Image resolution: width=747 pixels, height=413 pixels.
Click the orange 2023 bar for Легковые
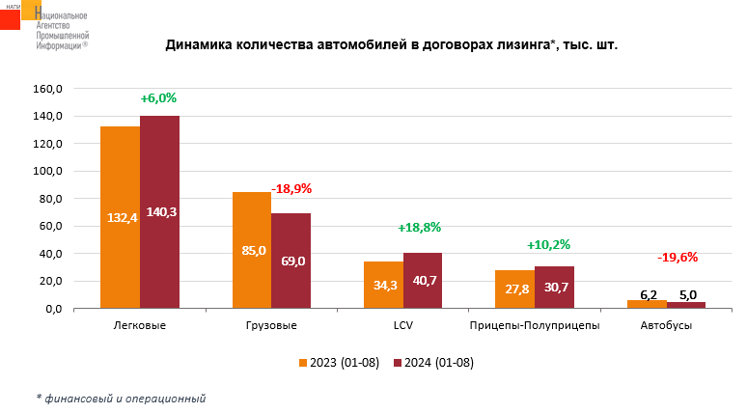tap(121, 217)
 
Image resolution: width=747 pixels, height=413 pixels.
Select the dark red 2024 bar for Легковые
tap(159, 212)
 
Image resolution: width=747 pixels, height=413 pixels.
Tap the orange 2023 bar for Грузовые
tap(252, 250)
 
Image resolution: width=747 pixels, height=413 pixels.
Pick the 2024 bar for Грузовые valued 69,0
tap(290, 261)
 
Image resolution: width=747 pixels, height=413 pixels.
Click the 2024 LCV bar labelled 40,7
tap(423, 281)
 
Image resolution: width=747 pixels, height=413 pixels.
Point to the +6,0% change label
tap(158, 98)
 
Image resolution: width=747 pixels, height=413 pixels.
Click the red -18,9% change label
tap(291, 188)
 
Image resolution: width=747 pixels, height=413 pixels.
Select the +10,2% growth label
tap(549, 245)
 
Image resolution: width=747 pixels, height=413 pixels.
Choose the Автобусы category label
tap(666, 326)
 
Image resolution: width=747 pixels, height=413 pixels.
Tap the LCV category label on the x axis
tap(402, 326)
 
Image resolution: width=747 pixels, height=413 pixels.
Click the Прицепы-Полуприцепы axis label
tap(534, 326)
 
